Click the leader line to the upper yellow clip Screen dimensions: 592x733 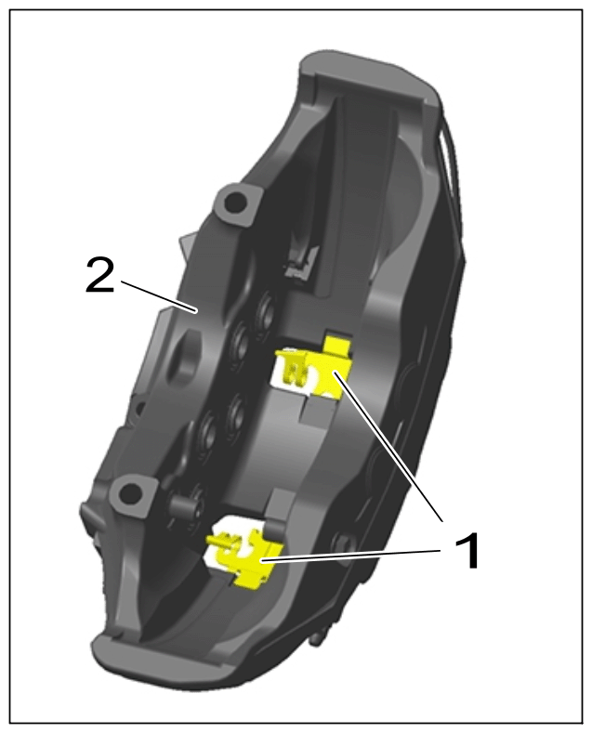pos(388,447)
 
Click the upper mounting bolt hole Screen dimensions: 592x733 pos(232,203)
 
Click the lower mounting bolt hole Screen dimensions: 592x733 pos(130,491)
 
